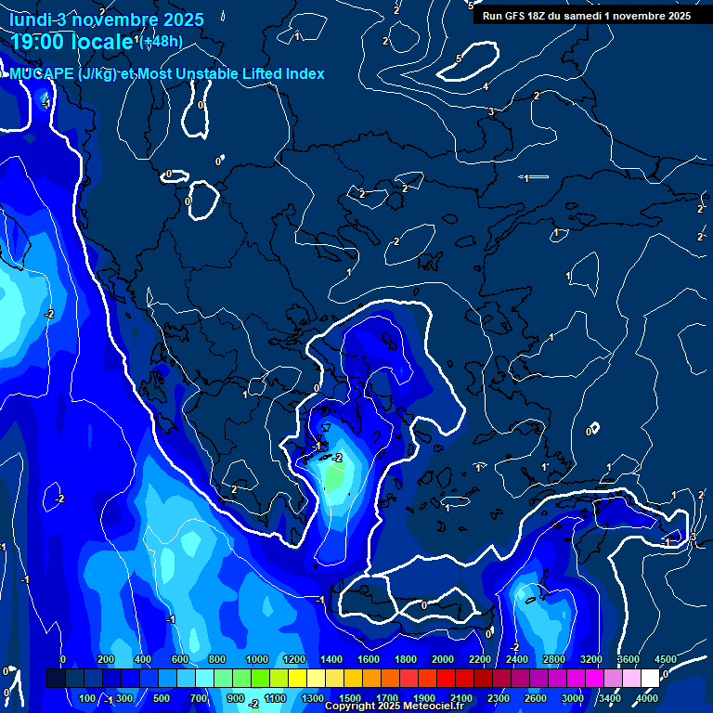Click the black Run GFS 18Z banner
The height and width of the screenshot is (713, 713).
click(x=586, y=16)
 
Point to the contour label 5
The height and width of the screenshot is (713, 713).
click(x=459, y=58)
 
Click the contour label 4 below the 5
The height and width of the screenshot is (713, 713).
click(x=486, y=86)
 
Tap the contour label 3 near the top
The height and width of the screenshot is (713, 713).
click(x=491, y=111)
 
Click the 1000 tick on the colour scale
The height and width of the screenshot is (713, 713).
click(x=256, y=659)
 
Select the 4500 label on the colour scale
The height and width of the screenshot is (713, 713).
click(x=665, y=659)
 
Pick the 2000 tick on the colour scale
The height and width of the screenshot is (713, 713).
click(x=443, y=659)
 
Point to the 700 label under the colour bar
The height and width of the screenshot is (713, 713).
click(x=199, y=697)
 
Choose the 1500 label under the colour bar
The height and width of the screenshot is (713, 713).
click(x=350, y=697)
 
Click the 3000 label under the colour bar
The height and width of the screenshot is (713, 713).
click(x=573, y=697)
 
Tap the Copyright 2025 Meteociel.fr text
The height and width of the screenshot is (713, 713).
click(x=393, y=707)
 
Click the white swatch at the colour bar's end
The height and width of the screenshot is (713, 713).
click(x=650, y=679)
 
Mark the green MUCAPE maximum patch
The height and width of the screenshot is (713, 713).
click(x=334, y=478)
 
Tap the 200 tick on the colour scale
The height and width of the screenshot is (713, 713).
click(x=105, y=659)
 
